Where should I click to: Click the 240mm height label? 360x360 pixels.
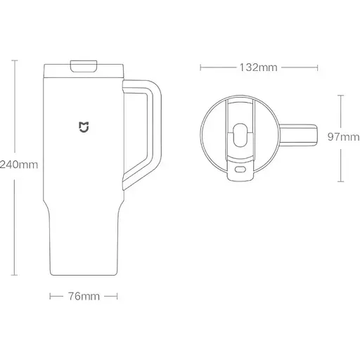tap(19, 165)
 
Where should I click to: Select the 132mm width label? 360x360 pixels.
tap(257, 67)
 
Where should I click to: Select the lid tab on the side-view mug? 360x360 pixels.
tap(84, 66)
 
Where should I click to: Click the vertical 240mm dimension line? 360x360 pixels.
tap(16, 105)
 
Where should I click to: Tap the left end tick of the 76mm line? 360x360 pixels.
tap(51, 297)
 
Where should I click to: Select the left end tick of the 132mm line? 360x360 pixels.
tap(201, 67)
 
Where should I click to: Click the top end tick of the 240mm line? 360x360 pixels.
tap(16, 60)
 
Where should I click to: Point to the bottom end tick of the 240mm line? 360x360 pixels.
tap(16, 273)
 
